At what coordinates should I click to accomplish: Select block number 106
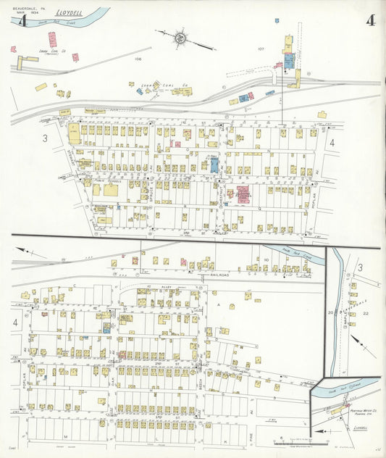tap(138, 59)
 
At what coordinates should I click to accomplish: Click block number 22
tap(366, 312)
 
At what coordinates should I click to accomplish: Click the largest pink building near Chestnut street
tap(241, 194)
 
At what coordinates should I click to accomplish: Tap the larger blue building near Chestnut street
tap(214, 164)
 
